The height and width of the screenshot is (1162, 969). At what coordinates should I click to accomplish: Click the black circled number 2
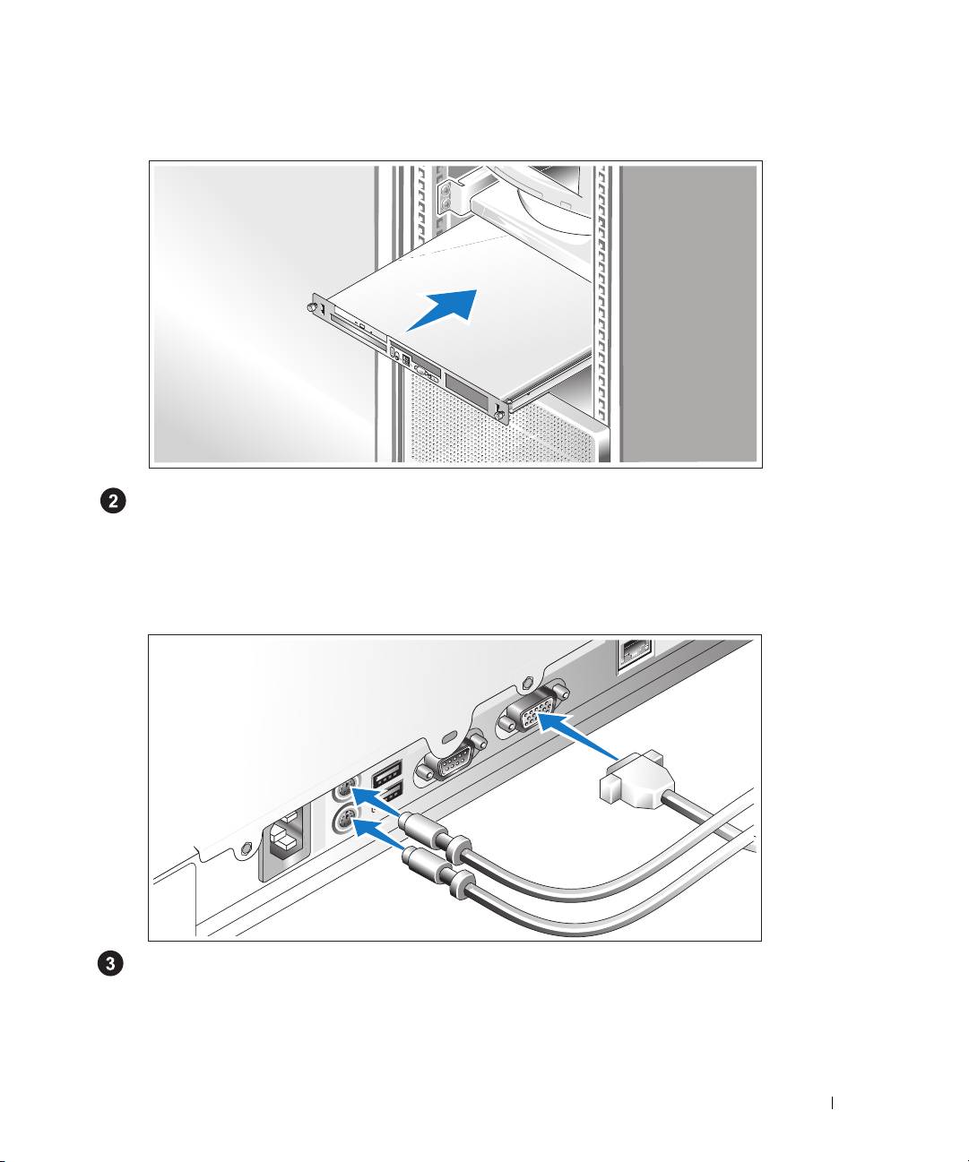(x=113, y=502)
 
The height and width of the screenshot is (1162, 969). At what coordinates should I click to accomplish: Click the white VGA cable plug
(x=636, y=779)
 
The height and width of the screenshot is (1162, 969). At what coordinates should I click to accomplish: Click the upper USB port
(x=386, y=772)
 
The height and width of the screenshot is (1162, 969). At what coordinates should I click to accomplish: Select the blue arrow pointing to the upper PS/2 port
(x=376, y=802)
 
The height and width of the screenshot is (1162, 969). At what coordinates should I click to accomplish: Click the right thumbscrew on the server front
(x=499, y=414)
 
